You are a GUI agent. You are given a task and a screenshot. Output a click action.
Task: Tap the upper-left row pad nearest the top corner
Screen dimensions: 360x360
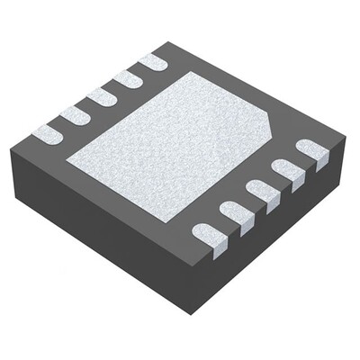(153, 61)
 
